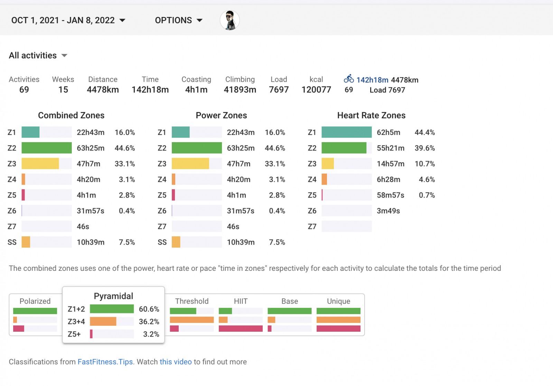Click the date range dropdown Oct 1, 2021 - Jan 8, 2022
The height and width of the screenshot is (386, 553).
tap(68, 20)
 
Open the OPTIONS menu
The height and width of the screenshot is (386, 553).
tap(178, 20)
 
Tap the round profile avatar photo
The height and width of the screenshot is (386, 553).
tap(230, 20)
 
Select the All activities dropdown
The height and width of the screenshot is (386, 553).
tap(38, 55)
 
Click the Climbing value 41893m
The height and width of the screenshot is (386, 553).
tap(240, 90)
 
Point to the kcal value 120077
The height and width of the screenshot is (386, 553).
tap(316, 90)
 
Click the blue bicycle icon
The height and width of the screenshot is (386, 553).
tap(349, 79)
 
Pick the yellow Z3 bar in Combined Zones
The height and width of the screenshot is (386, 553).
tap(40, 164)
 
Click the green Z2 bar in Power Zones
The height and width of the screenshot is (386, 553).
tap(197, 148)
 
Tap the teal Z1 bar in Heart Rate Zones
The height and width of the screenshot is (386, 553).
tap(346, 132)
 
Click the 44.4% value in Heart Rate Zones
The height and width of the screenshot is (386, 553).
tap(424, 132)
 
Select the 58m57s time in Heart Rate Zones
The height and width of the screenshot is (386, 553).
tap(390, 195)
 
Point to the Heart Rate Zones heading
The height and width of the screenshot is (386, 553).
tap(371, 116)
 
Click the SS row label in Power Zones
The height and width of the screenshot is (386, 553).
tap(162, 242)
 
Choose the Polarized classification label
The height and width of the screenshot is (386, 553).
tap(35, 301)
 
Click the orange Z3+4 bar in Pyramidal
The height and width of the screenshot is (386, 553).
tap(103, 322)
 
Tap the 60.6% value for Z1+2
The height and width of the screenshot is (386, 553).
tap(149, 309)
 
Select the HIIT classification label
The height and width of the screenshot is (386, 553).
tap(241, 301)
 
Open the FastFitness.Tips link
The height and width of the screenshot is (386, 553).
tap(105, 362)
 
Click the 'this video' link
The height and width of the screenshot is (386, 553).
tap(176, 362)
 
